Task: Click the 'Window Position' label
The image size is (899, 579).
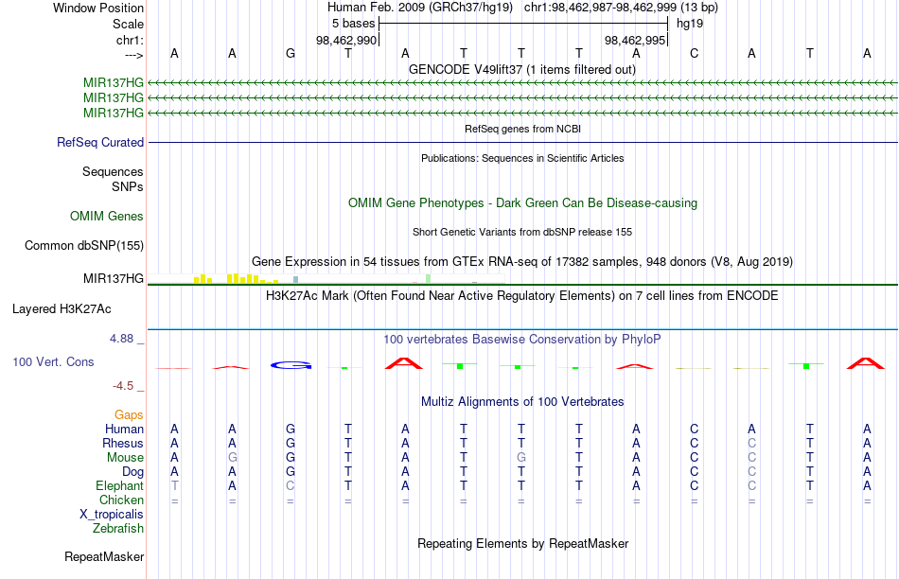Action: pyautogui.click(x=98, y=8)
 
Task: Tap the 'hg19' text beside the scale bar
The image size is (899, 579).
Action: pyautogui.click(x=690, y=24)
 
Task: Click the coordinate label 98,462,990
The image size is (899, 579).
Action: pyautogui.click(x=346, y=40)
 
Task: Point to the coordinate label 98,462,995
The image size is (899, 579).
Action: pyautogui.click(x=635, y=40)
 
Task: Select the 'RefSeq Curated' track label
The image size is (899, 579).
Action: pyautogui.click(x=100, y=142)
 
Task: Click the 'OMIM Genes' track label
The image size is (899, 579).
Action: pyautogui.click(x=107, y=216)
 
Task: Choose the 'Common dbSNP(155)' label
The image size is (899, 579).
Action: pyautogui.click(x=84, y=245)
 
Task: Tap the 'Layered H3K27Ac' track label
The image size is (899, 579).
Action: pyautogui.click(x=62, y=309)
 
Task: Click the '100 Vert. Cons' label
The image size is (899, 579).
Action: pyautogui.click(x=53, y=361)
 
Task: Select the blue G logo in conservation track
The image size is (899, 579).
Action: pyautogui.click(x=291, y=364)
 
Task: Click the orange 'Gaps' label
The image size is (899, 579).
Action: pyautogui.click(x=129, y=414)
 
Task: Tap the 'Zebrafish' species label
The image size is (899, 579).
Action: pyautogui.click(x=118, y=528)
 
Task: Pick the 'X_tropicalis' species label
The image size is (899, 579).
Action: pyautogui.click(x=112, y=515)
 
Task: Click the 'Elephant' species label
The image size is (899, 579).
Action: pyautogui.click(x=120, y=485)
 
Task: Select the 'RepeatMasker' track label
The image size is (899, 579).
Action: pyautogui.click(x=104, y=556)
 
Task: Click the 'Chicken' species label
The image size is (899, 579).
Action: pyautogui.click(x=121, y=500)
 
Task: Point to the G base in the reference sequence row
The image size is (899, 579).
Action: pyautogui.click(x=291, y=53)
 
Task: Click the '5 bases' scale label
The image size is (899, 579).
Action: pyautogui.click(x=353, y=24)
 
